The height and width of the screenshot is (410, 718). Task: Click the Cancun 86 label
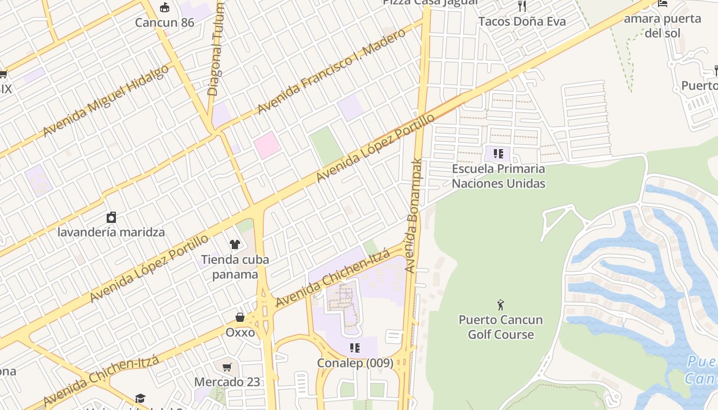(164, 23)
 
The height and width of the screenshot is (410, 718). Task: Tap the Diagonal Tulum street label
(216, 49)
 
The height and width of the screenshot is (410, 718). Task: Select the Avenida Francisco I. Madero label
(331, 71)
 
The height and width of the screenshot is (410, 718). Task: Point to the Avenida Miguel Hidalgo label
(106, 100)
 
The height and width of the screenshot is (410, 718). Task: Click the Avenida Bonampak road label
(413, 215)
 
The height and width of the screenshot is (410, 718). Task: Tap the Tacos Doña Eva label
(522, 22)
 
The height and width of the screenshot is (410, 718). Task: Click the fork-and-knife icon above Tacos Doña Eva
(522, 6)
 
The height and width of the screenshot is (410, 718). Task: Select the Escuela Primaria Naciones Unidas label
(498, 176)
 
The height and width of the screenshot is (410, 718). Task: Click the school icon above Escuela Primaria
(498, 153)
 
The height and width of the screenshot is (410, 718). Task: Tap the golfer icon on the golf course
(501, 305)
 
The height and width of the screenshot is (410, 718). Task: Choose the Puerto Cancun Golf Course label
(501, 327)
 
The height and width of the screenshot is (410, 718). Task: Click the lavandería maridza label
(111, 232)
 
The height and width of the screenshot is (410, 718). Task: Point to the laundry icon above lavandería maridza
(111, 217)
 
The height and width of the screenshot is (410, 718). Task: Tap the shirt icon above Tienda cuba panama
(235, 244)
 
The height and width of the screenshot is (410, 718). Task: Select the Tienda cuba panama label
(235, 266)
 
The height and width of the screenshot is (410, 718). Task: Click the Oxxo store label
(240, 333)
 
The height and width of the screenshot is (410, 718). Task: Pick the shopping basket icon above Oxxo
(240, 317)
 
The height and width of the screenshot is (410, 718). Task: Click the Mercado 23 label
(227, 382)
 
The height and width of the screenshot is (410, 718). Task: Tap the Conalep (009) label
(355, 363)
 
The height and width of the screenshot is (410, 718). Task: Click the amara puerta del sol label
(662, 26)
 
